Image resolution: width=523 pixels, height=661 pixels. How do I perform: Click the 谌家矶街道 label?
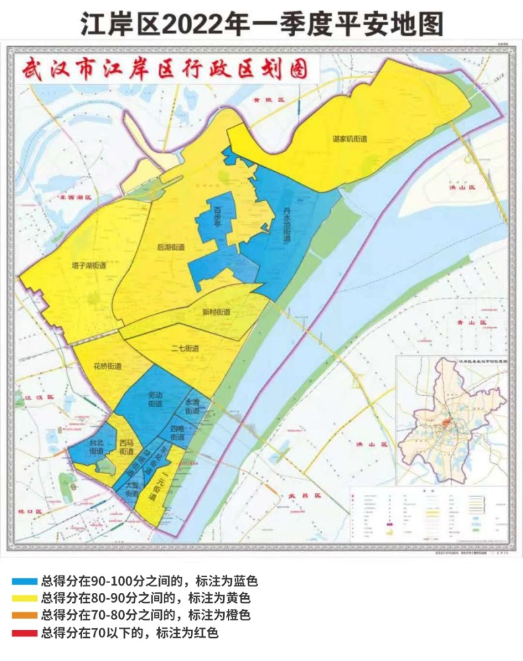click(x=350, y=139)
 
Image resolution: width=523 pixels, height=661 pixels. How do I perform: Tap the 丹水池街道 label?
click(x=287, y=225)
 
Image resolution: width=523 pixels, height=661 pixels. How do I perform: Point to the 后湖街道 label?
click(x=171, y=247)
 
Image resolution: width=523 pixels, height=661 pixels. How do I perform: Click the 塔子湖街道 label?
click(x=90, y=266)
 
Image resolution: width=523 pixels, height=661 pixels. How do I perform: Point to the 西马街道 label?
click(x=127, y=447)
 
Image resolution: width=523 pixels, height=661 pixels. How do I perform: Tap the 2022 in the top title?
click(x=186, y=25)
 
